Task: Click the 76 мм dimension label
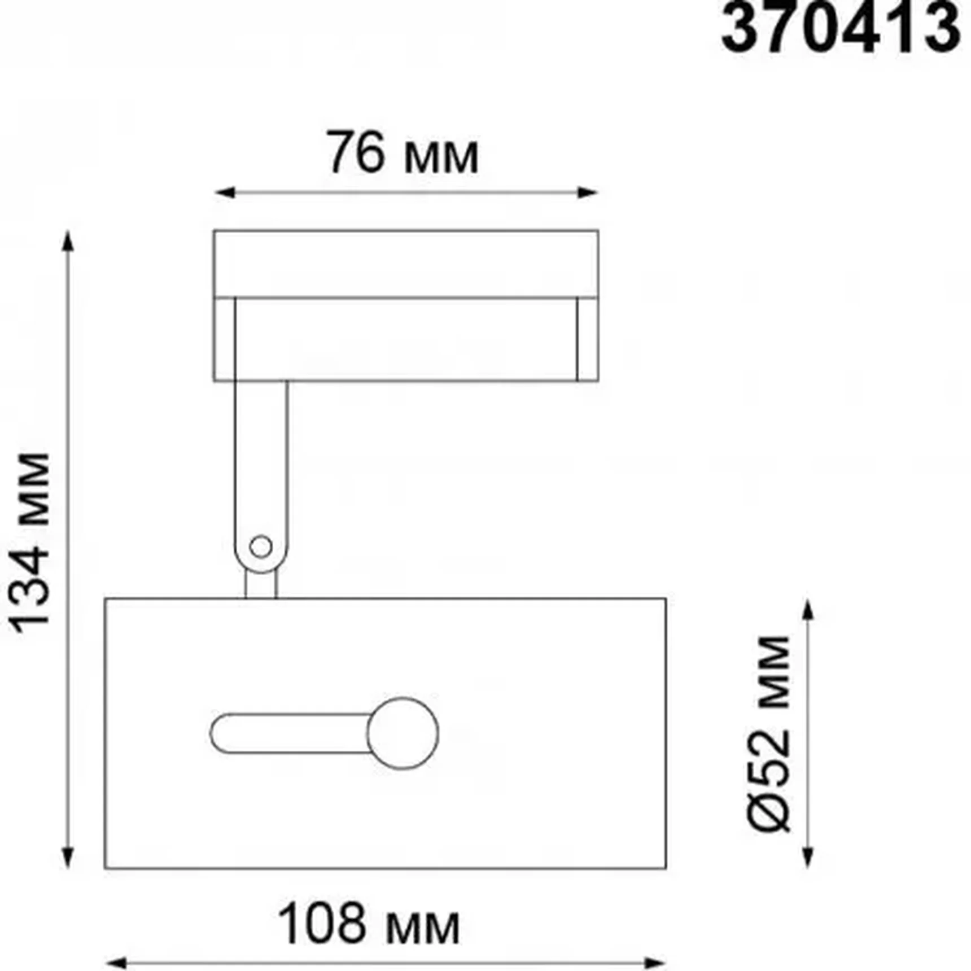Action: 403,153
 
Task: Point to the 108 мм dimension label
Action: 369,924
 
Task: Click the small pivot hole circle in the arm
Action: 261,546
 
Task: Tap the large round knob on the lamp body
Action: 403,733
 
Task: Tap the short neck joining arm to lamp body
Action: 261,585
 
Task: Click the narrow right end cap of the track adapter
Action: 588,339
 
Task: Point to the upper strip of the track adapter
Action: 405,263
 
